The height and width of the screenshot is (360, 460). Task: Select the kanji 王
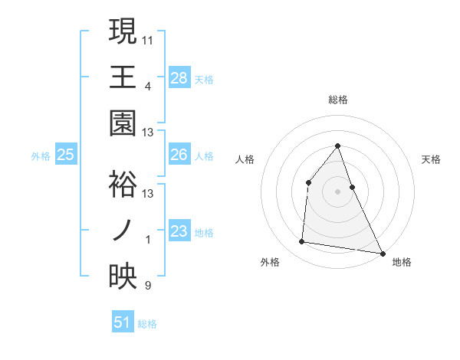tap(123, 77)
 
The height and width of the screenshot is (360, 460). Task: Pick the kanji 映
tap(123, 277)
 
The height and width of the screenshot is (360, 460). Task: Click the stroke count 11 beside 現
tap(149, 38)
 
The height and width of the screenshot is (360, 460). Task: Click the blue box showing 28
tap(179, 77)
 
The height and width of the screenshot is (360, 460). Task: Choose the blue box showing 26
tap(179, 155)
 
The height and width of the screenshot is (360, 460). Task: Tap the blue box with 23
tap(179, 231)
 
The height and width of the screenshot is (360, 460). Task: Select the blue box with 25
tap(66, 155)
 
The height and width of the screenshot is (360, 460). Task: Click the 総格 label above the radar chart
tap(338, 100)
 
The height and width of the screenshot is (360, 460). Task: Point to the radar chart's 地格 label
tap(402, 262)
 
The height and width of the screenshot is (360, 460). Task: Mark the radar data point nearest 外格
tap(302, 242)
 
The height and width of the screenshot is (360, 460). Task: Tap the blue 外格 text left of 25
tap(41, 156)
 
